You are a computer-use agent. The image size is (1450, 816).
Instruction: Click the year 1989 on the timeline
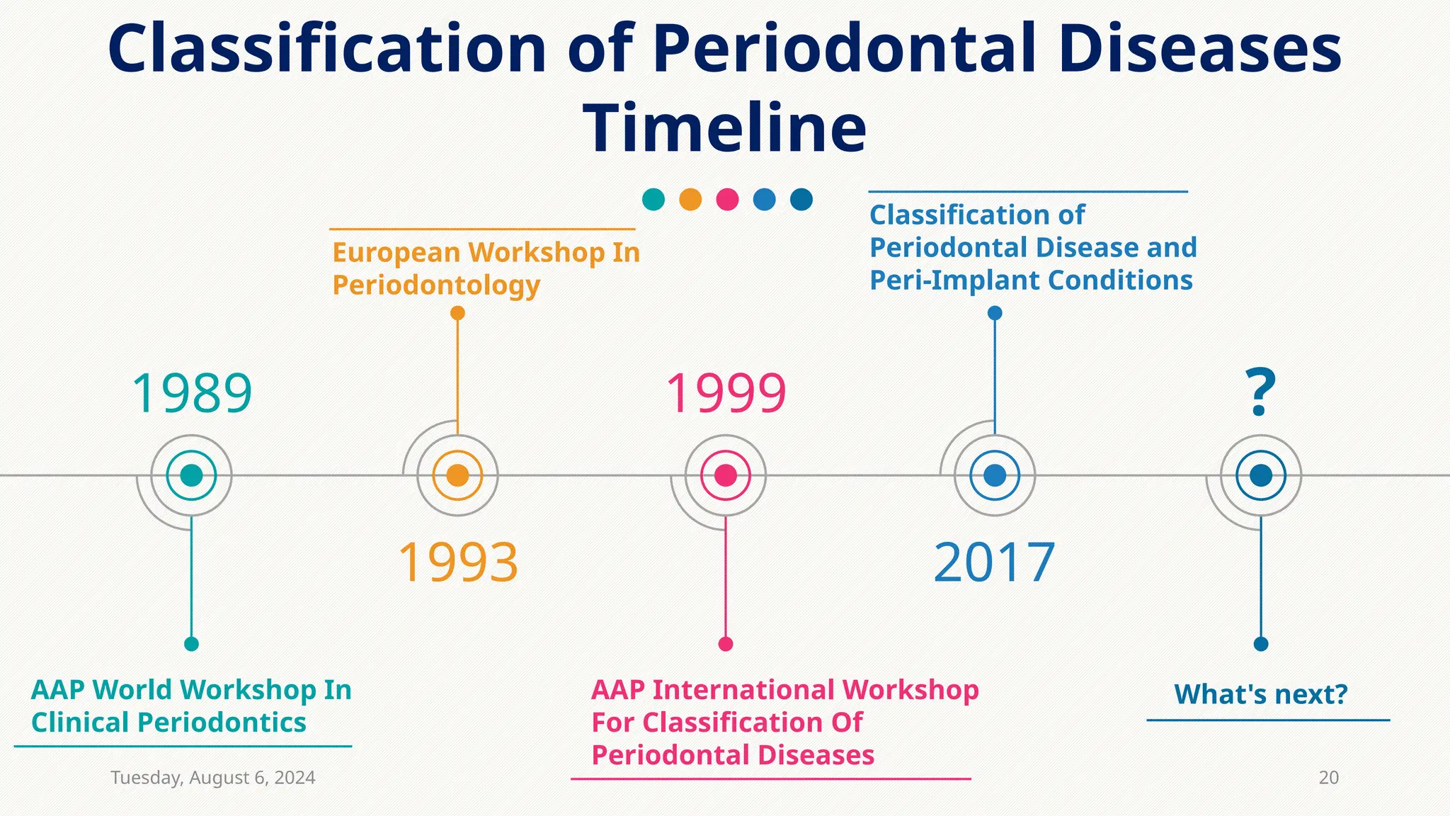click(x=192, y=393)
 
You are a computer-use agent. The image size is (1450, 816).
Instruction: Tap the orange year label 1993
click(x=458, y=562)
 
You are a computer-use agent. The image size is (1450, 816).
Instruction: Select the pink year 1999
click(x=726, y=393)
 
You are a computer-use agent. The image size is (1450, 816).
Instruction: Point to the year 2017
click(x=994, y=562)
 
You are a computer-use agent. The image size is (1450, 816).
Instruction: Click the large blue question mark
click(x=1260, y=393)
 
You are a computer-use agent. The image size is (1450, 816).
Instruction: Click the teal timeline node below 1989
click(x=192, y=475)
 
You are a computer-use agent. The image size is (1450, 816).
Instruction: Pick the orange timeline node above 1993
click(x=458, y=475)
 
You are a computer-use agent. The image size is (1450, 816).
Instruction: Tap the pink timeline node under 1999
click(x=726, y=475)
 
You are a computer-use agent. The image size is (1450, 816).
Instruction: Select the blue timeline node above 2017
click(x=995, y=475)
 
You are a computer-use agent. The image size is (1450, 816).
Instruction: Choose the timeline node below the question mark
click(x=1261, y=475)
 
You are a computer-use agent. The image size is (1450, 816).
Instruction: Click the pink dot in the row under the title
click(x=727, y=200)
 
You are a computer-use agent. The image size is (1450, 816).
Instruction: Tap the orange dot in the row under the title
click(x=690, y=200)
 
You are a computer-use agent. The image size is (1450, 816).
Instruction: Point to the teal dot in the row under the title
click(x=653, y=200)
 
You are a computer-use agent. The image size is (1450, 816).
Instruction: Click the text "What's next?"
click(x=1260, y=695)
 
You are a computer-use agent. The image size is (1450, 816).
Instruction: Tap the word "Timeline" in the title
click(x=724, y=128)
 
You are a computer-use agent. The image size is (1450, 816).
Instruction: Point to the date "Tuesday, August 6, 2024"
click(x=213, y=778)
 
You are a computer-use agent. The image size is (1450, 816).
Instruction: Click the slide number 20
click(x=1328, y=778)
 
